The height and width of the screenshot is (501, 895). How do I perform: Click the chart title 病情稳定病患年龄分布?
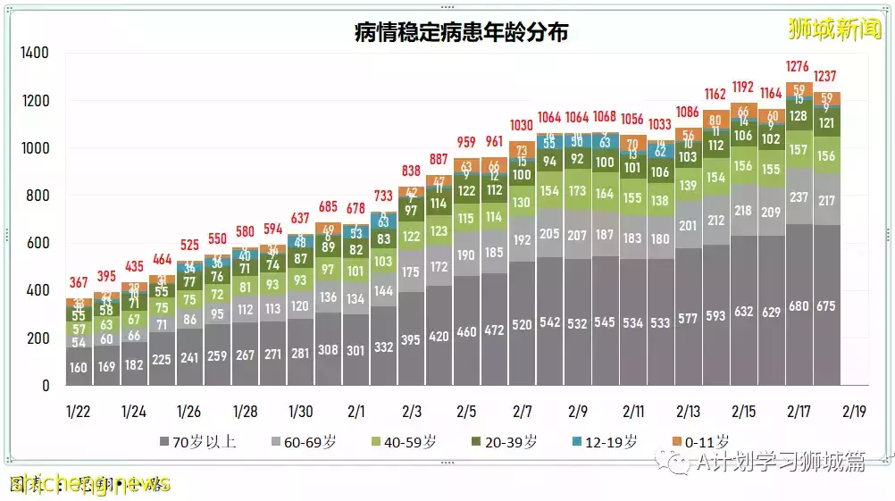click(461, 33)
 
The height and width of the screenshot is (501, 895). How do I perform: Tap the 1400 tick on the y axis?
click(35, 54)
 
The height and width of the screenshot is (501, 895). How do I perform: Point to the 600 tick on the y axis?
click(38, 244)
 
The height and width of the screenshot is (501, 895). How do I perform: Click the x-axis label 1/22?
click(79, 411)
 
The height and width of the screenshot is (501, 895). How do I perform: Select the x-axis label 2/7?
click(522, 411)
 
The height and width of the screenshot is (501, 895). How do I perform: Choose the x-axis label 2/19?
click(854, 411)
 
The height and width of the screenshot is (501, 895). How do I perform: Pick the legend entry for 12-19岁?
click(606, 442)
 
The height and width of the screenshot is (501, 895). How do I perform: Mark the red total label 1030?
click(522, 126)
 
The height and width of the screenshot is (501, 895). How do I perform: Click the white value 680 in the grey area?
click(799, 307)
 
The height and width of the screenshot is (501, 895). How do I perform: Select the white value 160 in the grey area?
click(79, 367)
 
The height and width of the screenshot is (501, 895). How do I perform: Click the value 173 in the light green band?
click(577, 191)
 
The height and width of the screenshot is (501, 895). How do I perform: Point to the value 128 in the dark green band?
click(799, 116)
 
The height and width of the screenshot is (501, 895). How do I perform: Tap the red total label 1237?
click(827, 76)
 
